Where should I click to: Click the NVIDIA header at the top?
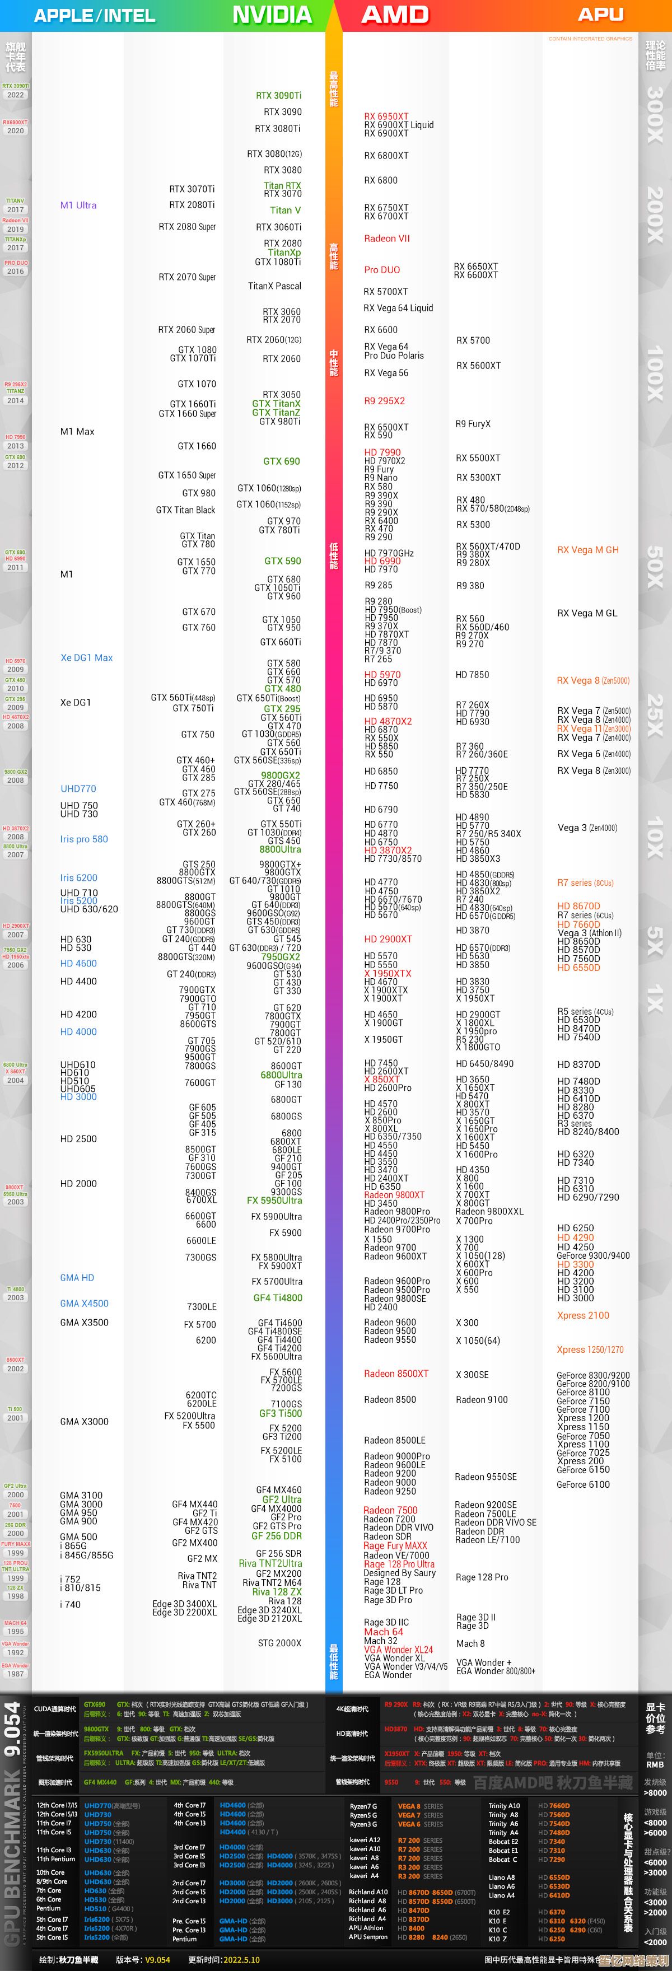tap(272, 15)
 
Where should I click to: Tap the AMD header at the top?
tap(395, 15)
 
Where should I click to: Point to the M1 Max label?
tap(77, 432)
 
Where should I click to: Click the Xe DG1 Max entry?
tap(86, 657)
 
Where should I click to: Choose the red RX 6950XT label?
tap(386, 116)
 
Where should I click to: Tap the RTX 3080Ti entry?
tap(277, 129)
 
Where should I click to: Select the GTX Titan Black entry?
tap(185, 510)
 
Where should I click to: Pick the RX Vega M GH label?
tap(588, 549)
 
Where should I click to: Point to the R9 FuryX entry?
tap(473, 424)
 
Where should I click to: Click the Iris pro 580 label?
tap(84, 839)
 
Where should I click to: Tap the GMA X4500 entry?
tap(84, 1303)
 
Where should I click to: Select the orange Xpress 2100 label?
tap(583, 1315)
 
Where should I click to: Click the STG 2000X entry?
tap(279, 1643)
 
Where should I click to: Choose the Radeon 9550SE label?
tap(486, 1477)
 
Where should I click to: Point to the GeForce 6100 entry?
tap(583, 1484)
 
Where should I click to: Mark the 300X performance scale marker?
tap(655, 114)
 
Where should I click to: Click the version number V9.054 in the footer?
tap(158, 1960)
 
